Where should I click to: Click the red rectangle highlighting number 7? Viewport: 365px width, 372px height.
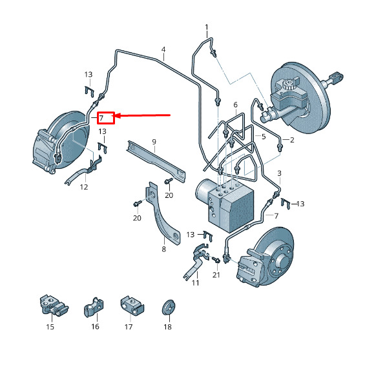106,118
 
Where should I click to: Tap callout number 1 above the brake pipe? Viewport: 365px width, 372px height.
206,27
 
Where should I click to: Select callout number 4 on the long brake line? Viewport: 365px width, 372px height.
163,50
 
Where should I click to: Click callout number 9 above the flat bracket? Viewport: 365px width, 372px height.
154,142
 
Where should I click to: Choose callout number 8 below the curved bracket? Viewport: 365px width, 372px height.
163,249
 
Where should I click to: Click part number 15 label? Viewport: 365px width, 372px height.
50,327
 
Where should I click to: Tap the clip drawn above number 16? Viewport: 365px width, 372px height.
94,308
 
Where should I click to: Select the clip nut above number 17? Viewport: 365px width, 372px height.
132,306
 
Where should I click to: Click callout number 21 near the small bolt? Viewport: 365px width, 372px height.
216,275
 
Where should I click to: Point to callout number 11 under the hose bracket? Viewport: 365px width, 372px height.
195,283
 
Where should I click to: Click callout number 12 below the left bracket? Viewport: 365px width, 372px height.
84,187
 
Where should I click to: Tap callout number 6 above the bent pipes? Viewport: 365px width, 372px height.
235,104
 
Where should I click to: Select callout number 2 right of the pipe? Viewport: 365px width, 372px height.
292,140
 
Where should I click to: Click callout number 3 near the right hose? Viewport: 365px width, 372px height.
279,173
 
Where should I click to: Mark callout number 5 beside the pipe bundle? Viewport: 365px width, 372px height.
264,137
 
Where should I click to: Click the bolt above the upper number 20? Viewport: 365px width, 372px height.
169,181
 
